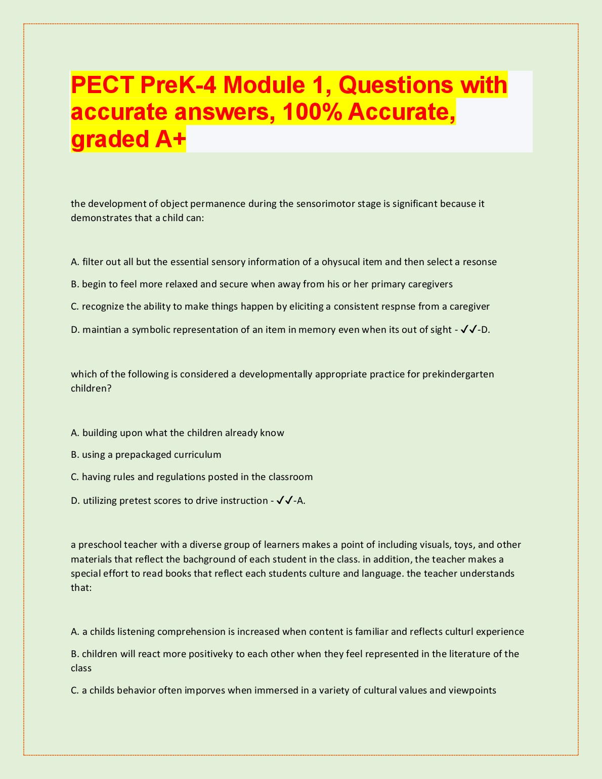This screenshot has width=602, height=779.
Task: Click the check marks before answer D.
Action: (x=469, y=330)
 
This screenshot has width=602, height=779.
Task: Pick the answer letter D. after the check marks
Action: (x=486, y=330)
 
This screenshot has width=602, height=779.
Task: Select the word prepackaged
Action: (x=143, y=455)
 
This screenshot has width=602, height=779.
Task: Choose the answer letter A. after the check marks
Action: (x=301, y=501)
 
